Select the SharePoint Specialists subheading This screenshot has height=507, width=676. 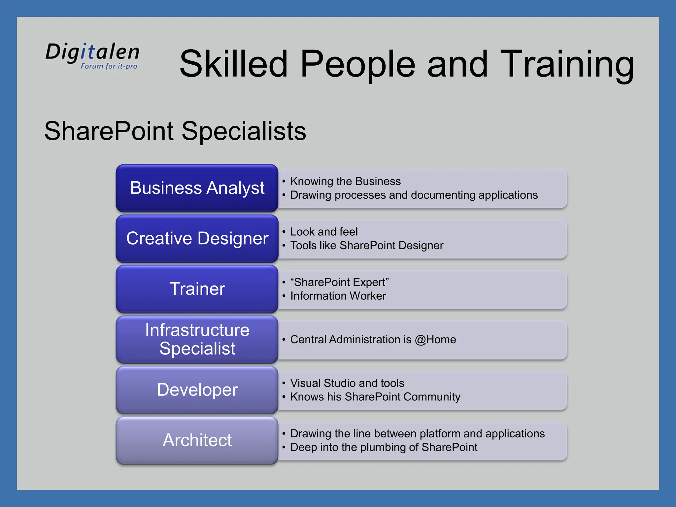click(x=175, y=131)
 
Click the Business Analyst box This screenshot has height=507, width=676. click(x=197, y=188)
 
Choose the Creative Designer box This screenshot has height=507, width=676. click(x=197, y=238)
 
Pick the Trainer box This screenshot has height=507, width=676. click(x=197, y=289)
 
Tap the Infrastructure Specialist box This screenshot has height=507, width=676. click(x=197, y=339)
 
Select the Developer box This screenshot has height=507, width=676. click(x=197, y=390)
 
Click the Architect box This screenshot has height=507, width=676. click(x=197, y=440)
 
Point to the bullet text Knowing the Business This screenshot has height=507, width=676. click(x=345, y=181)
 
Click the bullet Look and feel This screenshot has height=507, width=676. click(x=324, y=232)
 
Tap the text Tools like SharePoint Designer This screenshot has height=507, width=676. click(x=366, y=246)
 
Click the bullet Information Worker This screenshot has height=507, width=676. click(x=338, y=296)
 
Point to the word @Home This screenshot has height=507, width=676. click(x=435, y=340)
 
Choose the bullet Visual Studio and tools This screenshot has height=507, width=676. click(x=347, y=383)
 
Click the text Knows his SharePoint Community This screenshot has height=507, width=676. click(x=375, y=397)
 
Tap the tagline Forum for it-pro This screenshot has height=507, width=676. click(x=109, y=66)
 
